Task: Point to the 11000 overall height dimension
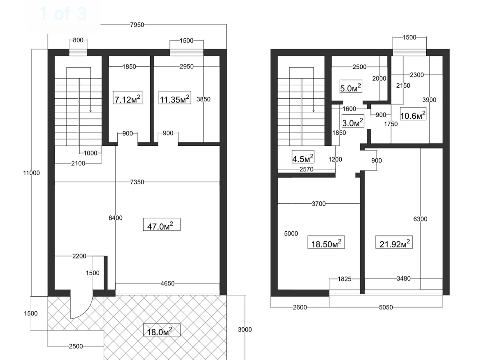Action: [x=31, y=173]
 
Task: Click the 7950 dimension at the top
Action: [x=137, y=25]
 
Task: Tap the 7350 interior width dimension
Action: [x=137, y=182]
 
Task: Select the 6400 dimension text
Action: [x=115, y=218]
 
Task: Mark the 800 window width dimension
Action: [x=78, y=40]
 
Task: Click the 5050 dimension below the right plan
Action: [x=386, y=307]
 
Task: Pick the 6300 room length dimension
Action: [x=420, y=219]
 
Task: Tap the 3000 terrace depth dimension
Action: [x=245, y=329]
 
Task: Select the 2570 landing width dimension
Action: [x=306, y=169]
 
